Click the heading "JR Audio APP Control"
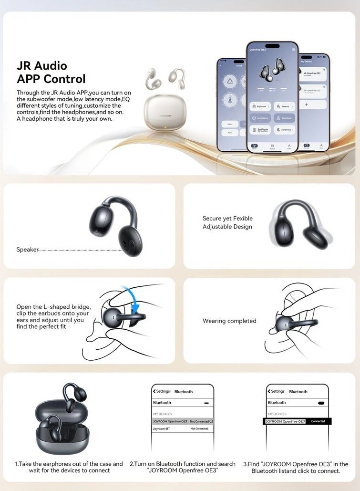[51, 72]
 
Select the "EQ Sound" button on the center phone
[260, 106]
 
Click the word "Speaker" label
[27, 250]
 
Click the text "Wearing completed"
[229, 321]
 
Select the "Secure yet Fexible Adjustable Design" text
[227, 222]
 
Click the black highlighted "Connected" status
[318, 421]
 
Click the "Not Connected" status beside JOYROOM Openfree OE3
[199, 421]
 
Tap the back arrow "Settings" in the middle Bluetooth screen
[162, 391]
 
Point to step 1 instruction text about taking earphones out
[69, 467]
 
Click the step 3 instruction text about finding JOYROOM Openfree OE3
[296, 467]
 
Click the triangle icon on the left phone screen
[230, 82]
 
